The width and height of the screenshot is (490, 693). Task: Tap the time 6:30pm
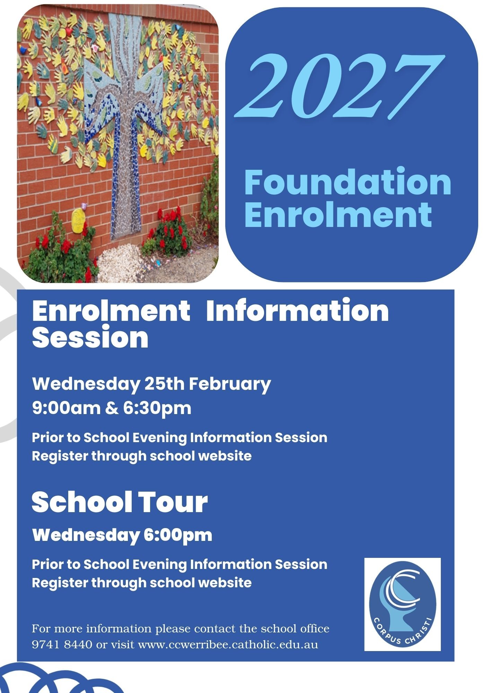click(x=157, y=409)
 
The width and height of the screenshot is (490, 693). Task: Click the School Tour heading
click(x=120, y=502)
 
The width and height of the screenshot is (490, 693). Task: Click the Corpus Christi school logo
click(x=402, y=604)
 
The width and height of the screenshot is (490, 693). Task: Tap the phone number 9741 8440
click(x=62, y=644)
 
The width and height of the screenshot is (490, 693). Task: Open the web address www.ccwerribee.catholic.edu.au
click(x=228, y=644)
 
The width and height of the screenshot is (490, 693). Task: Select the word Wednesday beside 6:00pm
click(x=86, y=535)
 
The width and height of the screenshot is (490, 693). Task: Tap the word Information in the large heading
click(x=297, y=310)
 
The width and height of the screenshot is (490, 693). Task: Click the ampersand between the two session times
click(x=111, y=408)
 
